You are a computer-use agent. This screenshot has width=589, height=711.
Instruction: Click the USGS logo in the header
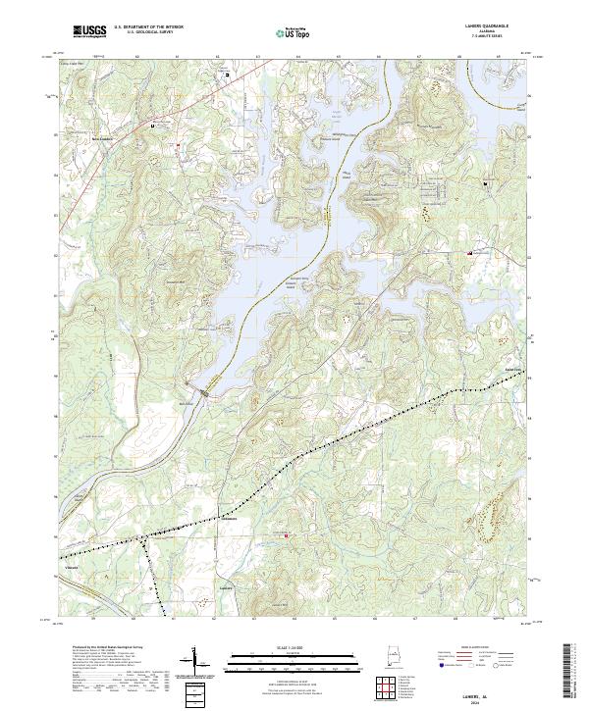[89, 31]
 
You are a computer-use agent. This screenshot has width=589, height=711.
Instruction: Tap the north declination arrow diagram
[196, 660]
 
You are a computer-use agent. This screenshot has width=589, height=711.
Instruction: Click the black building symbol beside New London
[152, 127]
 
